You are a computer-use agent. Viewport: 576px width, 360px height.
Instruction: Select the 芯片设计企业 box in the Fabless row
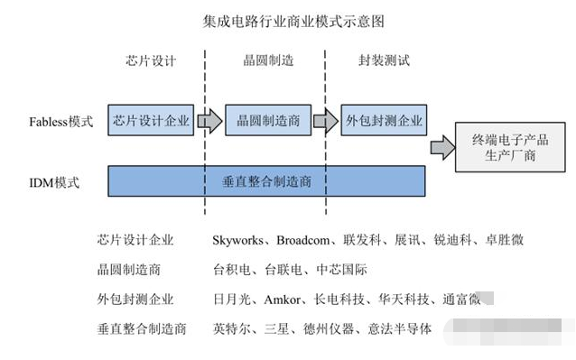[x=151, y=120]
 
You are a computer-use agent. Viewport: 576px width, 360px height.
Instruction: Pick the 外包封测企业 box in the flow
[x=385, y=120]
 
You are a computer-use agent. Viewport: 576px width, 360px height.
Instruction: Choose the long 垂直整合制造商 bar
[x=267, y=180]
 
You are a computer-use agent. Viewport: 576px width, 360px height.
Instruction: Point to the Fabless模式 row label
[x=61, y=121]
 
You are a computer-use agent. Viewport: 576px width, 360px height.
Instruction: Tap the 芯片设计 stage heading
[x=151, y=61]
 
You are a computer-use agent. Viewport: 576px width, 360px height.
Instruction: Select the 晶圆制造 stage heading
[x=268, y=61]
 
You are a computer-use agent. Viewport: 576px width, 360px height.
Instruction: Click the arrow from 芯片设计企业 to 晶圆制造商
[x=209, y=121]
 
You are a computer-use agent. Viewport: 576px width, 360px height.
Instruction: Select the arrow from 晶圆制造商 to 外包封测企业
[x=326, y=121]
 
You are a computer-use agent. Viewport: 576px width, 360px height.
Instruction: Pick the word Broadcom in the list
[x=304, y=240]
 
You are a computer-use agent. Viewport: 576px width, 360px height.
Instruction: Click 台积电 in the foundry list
[x=228, y=270]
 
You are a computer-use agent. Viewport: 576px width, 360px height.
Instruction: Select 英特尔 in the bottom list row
[x=228, y=328]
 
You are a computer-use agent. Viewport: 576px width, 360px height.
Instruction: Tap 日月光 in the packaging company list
[x=228, y=300]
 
